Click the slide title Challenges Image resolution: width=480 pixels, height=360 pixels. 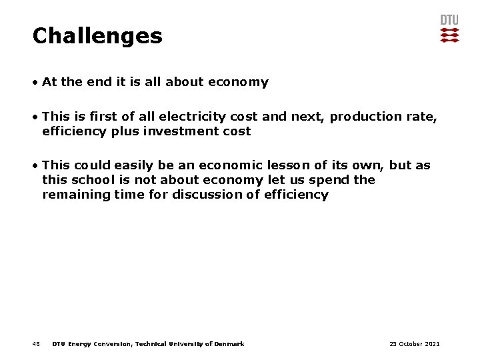coord(97,35)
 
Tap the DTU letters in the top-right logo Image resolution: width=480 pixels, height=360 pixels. coord(449,20)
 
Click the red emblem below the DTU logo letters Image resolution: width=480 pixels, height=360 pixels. coord(449,35)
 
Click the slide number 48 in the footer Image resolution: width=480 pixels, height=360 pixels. coord(36,344)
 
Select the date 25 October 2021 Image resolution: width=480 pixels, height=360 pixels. coord(415,344)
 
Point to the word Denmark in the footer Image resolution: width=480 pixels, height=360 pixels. coord(229,344)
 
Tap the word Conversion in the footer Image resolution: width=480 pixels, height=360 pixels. coord(113,344)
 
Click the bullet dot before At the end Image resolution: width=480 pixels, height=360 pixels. coord(35,83)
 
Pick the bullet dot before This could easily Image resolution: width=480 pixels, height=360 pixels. coord(35,165)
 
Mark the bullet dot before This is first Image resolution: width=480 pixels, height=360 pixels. coord(35,117)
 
